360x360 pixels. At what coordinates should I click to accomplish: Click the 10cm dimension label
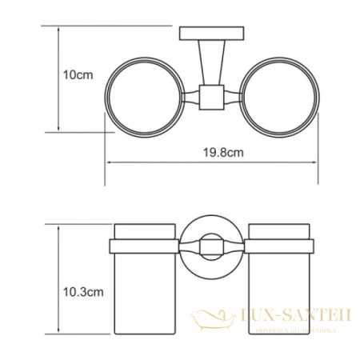pyautogui.click(x=77, y=74)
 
